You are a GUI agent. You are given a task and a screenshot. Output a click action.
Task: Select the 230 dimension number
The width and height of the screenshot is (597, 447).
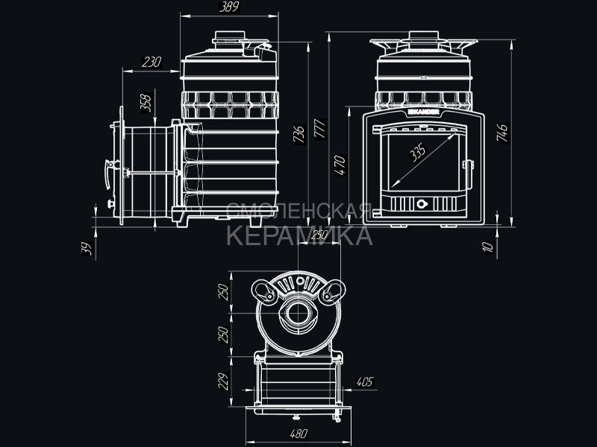pyautogui.click(x=152, y=63)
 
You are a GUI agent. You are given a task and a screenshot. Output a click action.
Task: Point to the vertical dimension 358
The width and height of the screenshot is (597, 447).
pyautogui.click(x=146, y=102)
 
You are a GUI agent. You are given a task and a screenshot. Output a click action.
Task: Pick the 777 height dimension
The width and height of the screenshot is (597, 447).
pyautogui.click(x=319, y=128)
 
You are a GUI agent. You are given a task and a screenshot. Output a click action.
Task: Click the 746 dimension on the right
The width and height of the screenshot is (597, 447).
pyautogui.click(x=503, y=133)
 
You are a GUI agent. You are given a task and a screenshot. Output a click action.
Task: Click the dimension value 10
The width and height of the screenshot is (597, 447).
pyautogui.click(x=487, y=247)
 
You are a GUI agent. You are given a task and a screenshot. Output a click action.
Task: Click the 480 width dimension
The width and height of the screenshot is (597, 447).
pyautogui.click(x=298, y=433)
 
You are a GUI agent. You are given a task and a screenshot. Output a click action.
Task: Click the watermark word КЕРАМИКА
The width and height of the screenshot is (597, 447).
pyautogui.click(x=298, y=237)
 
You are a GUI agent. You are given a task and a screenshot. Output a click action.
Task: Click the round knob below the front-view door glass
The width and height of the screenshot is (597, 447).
pyautogui.click(x=422, y=202)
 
